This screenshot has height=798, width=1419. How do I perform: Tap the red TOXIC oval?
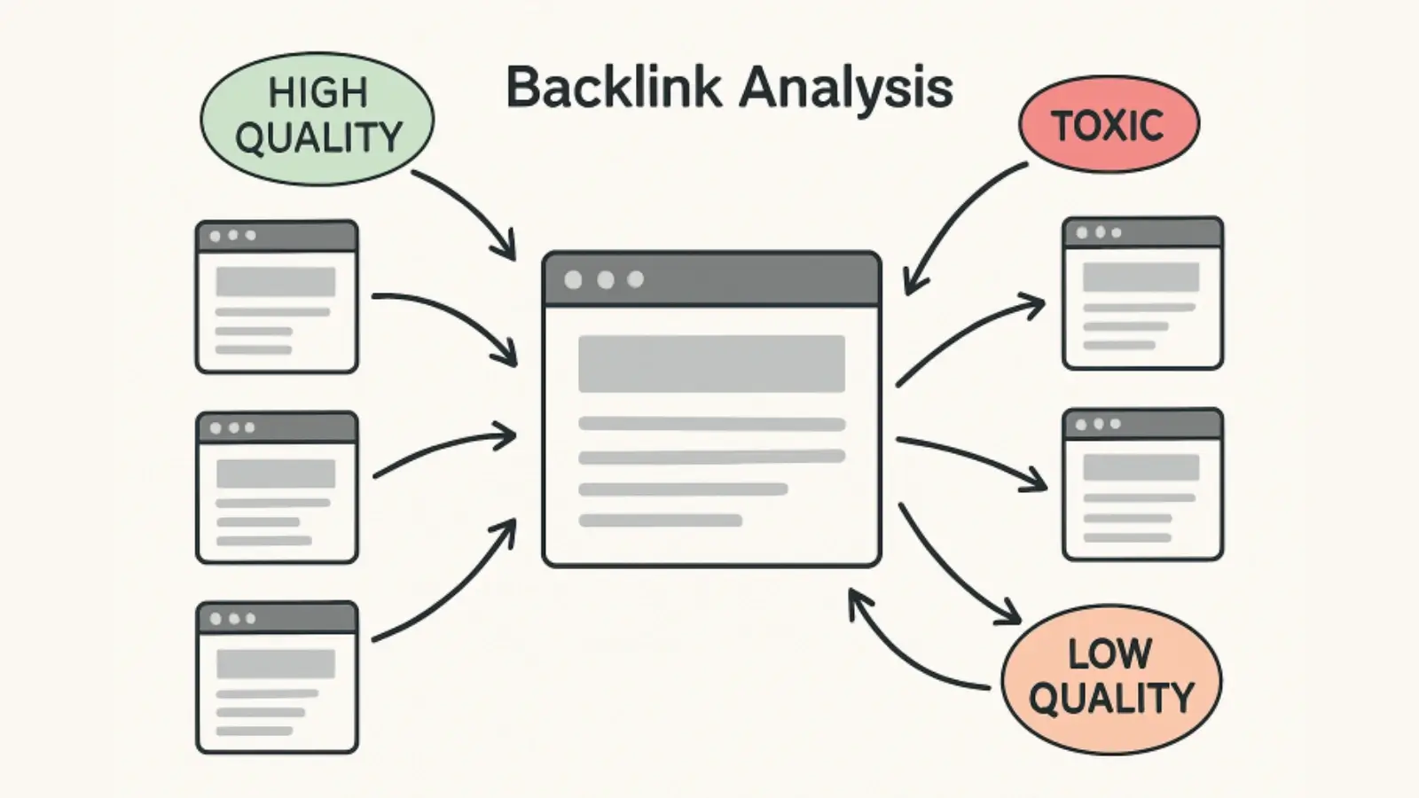tap(1108, 124)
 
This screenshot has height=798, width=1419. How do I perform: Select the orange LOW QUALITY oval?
tap(1110, 678)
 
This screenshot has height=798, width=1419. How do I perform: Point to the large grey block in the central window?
tap(711, 364)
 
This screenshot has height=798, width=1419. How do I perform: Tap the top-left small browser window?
tap(277, 297)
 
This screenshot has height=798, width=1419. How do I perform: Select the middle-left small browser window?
tap(277, 488)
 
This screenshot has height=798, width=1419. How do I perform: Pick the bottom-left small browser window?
tap(277, 678)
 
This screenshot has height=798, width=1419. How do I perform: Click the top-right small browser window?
tap(1142, 293)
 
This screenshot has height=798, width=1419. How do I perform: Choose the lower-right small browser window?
tap(1142, 485)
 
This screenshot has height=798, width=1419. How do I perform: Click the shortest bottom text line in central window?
tap(660, 520)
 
